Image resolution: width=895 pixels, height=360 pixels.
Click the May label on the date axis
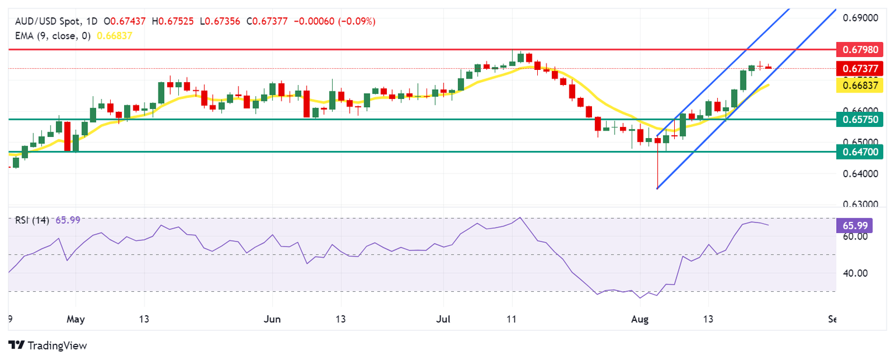click(x=76, y=319)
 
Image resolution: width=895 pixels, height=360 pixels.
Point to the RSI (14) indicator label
click(x=30, y=220)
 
